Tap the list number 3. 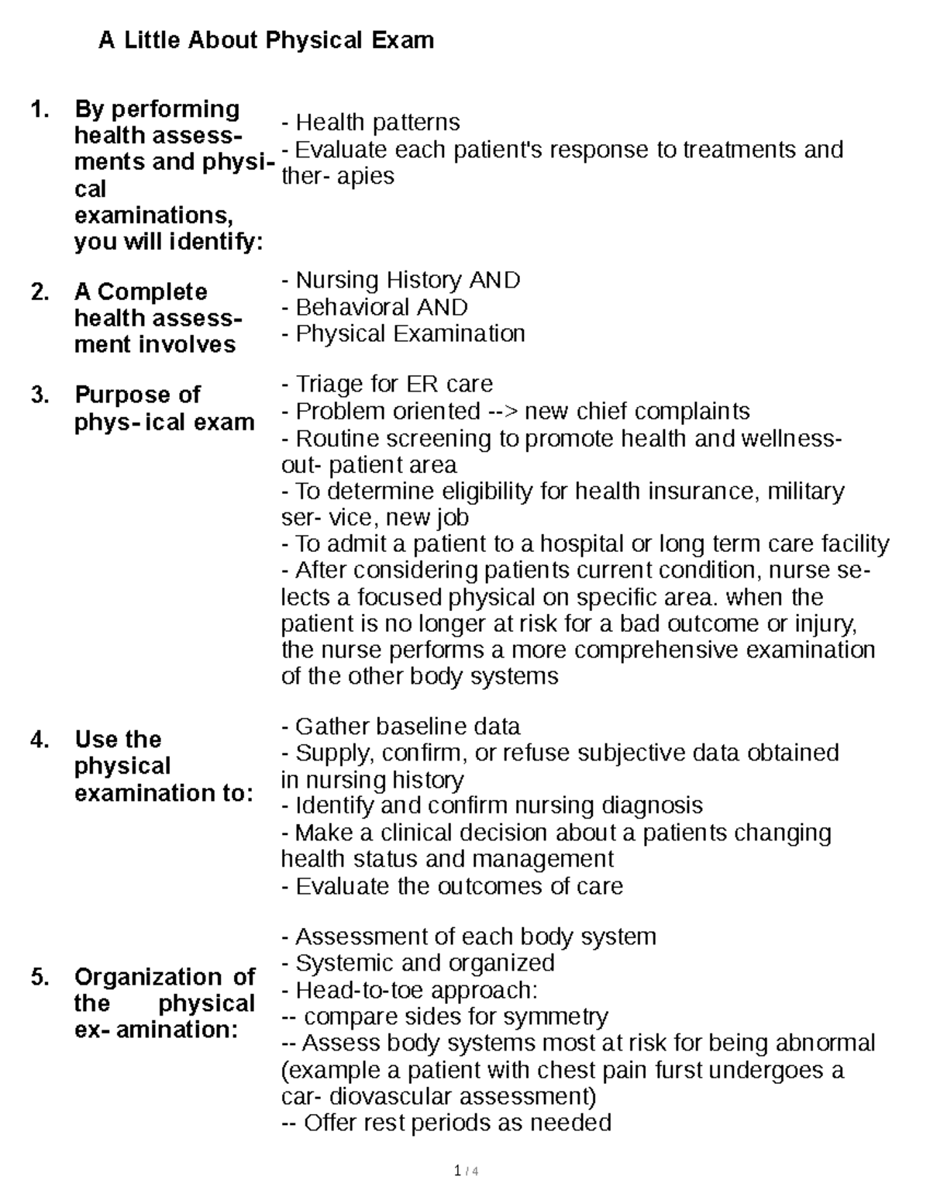40,395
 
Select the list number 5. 40,978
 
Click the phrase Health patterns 377,122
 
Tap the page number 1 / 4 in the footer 466,1171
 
